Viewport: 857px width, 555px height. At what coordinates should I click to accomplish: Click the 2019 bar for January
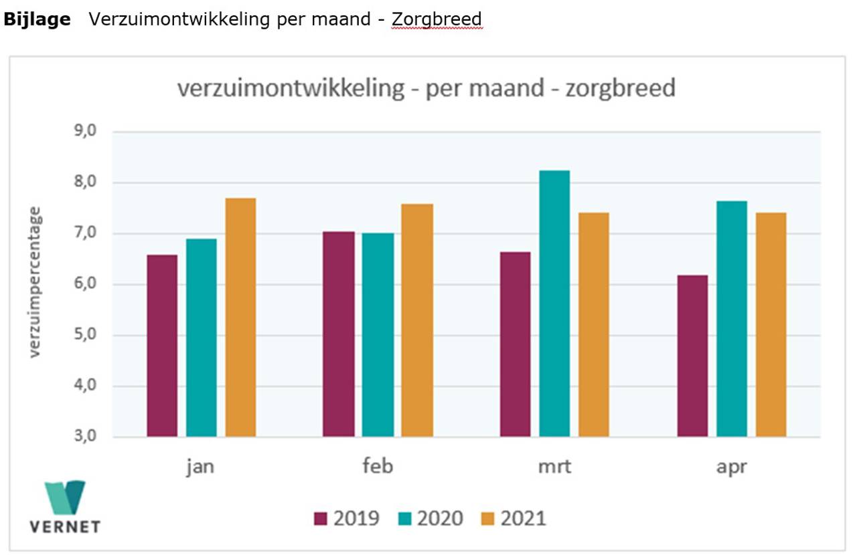click(162, 346)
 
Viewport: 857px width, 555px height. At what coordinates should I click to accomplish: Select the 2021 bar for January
click(240, 318)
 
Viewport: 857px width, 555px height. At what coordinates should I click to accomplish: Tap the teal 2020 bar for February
click(378, 335)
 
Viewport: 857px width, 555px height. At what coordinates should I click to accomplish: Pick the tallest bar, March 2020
click(554, 304)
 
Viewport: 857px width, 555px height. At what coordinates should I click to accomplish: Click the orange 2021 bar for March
click(594, 325)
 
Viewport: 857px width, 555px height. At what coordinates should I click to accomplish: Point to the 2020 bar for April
click(732, 319)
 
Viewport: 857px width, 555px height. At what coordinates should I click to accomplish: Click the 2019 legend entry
click(347, 518)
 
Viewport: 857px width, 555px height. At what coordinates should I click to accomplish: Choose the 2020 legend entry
click(431, 518)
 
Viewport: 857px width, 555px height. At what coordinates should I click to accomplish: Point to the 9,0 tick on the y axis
click(84, 132)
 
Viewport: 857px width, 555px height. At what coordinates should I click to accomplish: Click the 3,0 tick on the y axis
click(84, 437)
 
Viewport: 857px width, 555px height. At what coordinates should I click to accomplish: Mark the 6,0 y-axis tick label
click(84, 285)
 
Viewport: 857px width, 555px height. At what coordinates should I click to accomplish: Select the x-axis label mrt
click(554, 466)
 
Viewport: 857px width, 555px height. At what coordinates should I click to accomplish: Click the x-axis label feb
click(378, 466)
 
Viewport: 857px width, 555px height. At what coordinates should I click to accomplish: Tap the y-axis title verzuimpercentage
click(35, 282)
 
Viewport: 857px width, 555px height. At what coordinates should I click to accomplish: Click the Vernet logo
click(65, 506)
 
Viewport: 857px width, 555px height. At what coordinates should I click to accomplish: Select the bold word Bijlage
click(37, 19)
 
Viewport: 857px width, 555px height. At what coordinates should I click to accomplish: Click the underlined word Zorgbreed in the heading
click(437, 19)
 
